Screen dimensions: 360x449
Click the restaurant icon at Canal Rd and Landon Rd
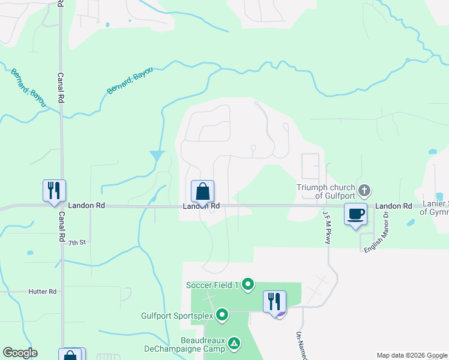click(54, 191)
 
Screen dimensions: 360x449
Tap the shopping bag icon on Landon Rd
click(203, 192)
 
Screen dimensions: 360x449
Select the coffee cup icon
click(356, 214)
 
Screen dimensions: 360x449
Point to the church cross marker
click(364, 191)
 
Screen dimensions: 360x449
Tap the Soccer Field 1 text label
click(212, 284)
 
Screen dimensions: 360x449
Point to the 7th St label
click(77, 242)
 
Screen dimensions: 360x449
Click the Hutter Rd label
click(42, 292)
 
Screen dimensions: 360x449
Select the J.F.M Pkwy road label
click(327, 227)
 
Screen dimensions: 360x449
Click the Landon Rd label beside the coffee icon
click(394, 206)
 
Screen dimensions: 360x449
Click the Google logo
click(20, 353)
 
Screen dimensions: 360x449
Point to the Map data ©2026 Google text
click(412, 355)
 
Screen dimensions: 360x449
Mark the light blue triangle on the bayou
click(157, 155)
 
